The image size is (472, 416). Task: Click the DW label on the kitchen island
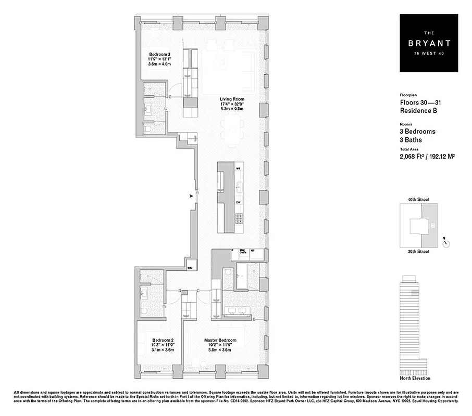(238, 202)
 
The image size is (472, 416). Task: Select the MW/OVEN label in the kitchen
(243, 252)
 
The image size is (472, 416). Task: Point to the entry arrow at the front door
(192, 196)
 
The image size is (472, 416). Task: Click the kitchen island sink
(239, 185)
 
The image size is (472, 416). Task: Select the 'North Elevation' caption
(416, 378)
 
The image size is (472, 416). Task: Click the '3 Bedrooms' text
(417, 132)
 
